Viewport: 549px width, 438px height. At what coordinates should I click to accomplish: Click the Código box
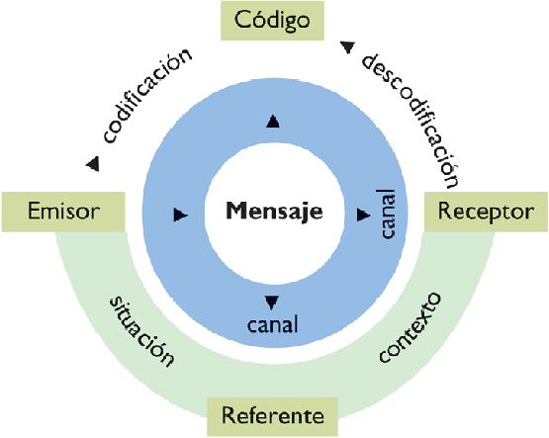point(272,20)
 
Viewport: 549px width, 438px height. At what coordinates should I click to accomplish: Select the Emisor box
point(64,211)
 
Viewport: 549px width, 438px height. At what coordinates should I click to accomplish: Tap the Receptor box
point(485,211)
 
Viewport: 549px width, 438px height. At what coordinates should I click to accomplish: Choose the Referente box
point(272,413)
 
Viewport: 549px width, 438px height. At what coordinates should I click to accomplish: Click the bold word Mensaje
point(274,210)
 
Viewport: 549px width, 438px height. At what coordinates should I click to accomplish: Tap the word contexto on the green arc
point(408,328)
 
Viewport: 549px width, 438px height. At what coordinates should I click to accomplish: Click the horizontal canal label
point(273,323)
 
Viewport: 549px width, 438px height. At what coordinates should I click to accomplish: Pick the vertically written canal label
point(388,215)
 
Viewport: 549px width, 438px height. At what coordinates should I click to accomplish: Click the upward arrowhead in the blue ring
point(274,121)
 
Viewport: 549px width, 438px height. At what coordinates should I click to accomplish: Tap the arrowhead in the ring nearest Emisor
point(180,213)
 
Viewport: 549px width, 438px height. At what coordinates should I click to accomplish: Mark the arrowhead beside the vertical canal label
point(363,213)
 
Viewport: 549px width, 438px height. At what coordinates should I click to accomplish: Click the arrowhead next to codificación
point(92,162)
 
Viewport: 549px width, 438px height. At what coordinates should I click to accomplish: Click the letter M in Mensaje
point(235,210)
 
